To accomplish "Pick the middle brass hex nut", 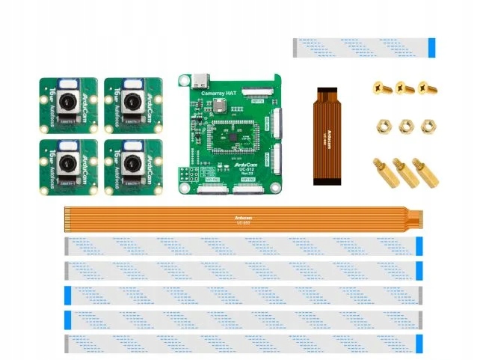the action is coord(405,124).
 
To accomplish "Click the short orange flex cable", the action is coord(327,135).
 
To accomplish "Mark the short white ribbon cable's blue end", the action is coord(432,47).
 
